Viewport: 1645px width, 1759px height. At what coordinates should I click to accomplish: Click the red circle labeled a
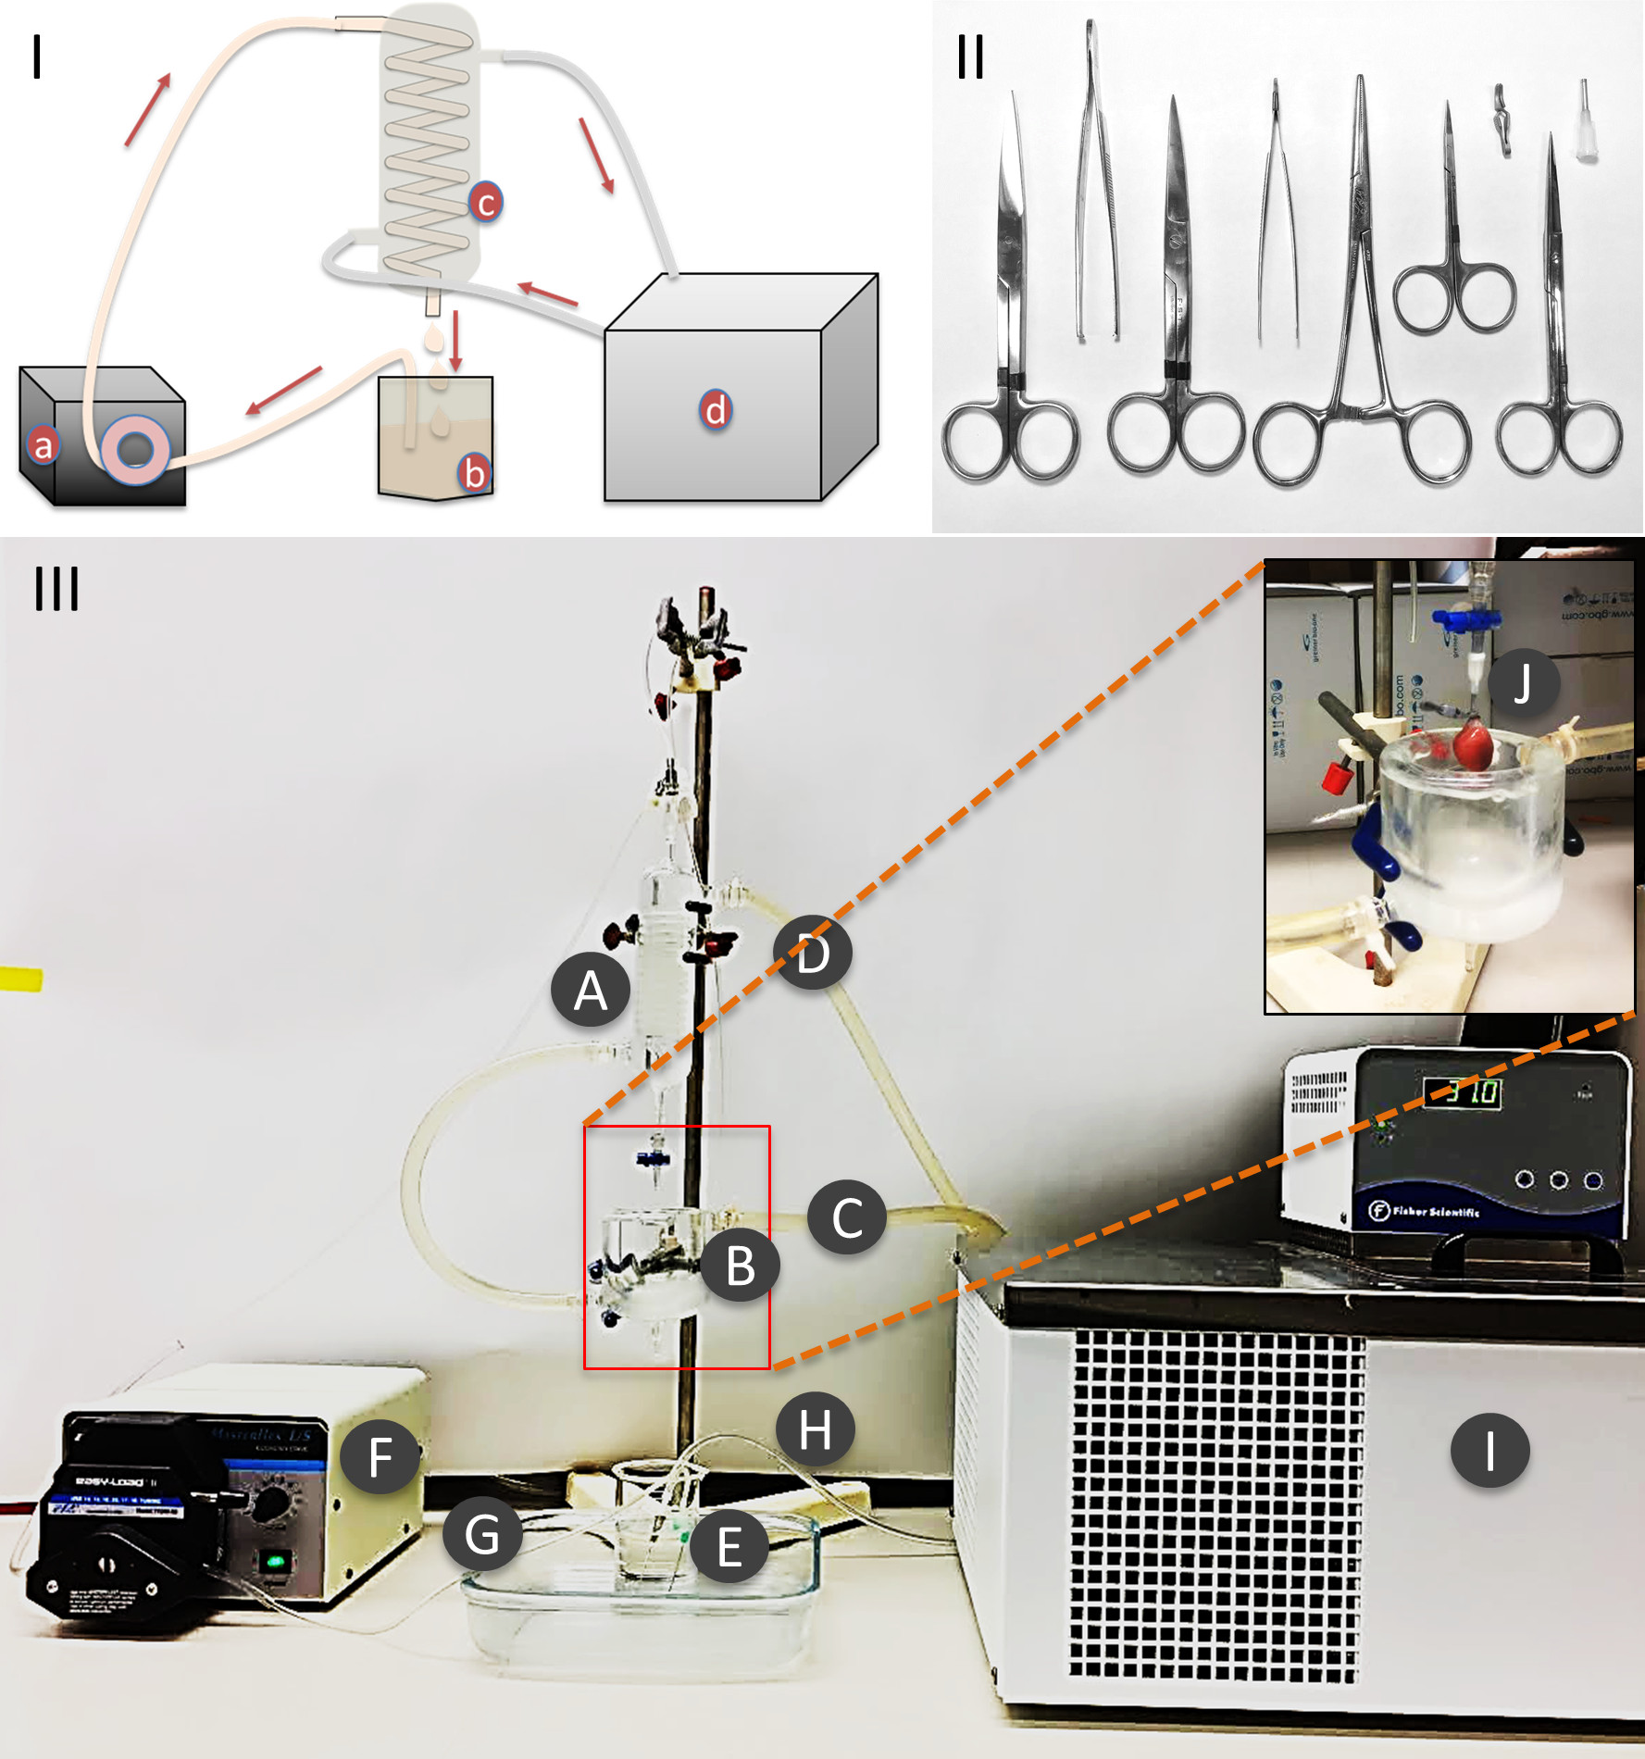(43, 445)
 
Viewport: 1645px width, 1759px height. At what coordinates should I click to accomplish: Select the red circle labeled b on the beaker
(474, 473)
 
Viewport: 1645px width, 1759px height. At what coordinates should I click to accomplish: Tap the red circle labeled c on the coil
(485, 202)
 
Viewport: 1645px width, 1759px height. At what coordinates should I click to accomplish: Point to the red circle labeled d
(715, 410)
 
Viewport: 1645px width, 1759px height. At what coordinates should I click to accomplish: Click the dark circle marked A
(591, 990)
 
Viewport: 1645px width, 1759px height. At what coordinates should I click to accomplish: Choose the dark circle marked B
(740, 1265)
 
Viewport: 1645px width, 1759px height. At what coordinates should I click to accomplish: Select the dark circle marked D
(812, 953)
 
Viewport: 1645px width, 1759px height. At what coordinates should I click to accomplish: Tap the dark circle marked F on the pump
(380, 1457)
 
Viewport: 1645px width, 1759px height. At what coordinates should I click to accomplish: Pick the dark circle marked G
(481, 1534)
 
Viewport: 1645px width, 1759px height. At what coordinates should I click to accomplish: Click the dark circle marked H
(815, 1429)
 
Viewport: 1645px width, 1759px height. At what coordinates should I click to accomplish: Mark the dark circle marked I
(1489, 1450)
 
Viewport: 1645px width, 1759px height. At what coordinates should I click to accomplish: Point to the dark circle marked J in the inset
(1523, 684)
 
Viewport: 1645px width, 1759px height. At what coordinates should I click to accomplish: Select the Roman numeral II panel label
(970, 56)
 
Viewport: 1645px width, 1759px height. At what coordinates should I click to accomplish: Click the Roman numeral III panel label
(56, 589)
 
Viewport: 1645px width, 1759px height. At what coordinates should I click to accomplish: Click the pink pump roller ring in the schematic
(136, 450)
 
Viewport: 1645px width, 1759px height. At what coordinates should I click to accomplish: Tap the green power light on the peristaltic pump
(275, 1563)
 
